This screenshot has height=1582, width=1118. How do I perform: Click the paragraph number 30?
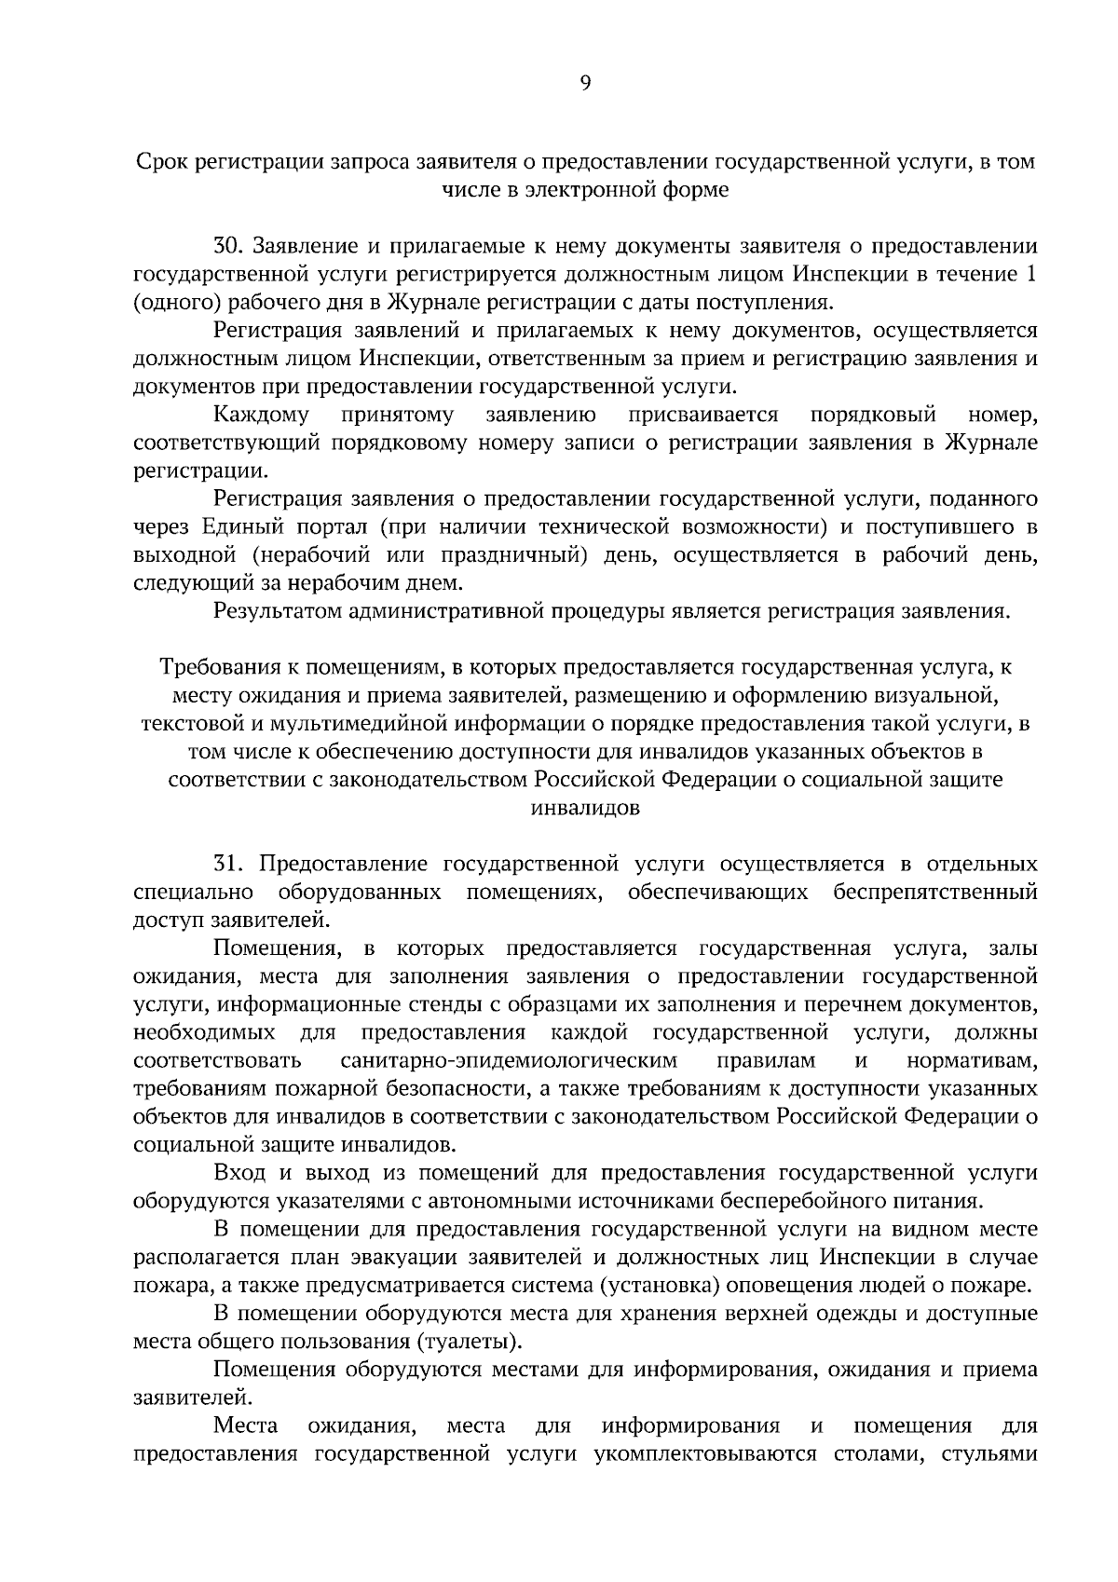click(228, 247)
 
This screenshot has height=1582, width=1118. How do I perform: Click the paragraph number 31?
click(228, 864)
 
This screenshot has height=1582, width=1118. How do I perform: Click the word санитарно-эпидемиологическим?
click(509, 1061)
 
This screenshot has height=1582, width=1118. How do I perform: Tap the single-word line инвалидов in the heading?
click(585, 808)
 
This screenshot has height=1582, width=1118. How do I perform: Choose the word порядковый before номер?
click(873, 415)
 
